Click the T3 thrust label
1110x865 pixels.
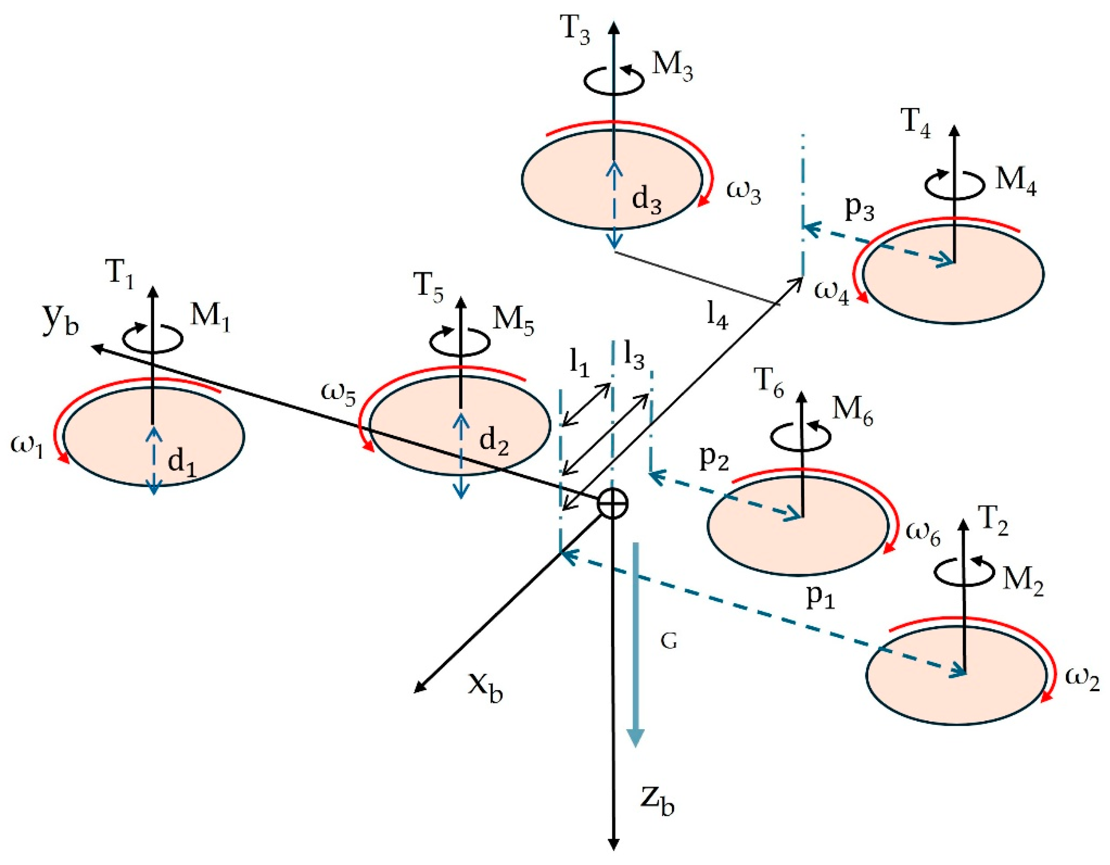click(576, 31)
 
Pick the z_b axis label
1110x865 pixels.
click(657, 801)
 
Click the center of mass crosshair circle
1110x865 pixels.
click(613, 504)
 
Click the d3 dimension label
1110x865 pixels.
click(646, 200)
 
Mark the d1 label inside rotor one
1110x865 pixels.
click(182, 464)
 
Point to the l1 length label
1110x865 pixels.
click(579, 364)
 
